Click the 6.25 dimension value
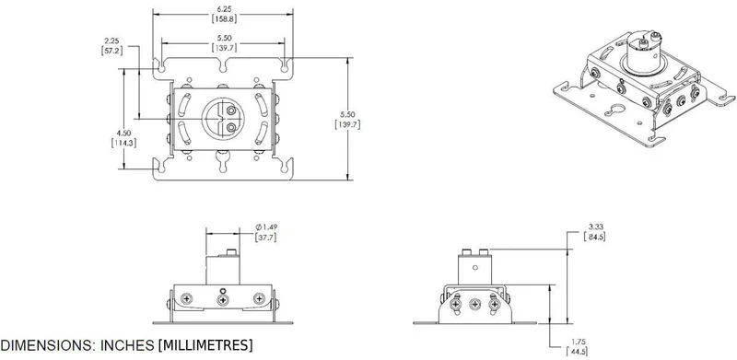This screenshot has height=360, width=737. click(222, 9)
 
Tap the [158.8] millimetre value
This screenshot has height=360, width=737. click(222, 18)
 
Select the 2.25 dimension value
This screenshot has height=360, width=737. click(111, 41)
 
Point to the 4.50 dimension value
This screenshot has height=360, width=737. click(123, 133)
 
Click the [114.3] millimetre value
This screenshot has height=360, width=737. click(123, 143)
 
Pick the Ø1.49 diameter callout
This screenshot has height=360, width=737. click(266, 227)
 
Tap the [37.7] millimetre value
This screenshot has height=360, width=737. click(265, 238)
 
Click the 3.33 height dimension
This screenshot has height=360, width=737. click(593, 227)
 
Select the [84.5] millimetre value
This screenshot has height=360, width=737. click(593, 237)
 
